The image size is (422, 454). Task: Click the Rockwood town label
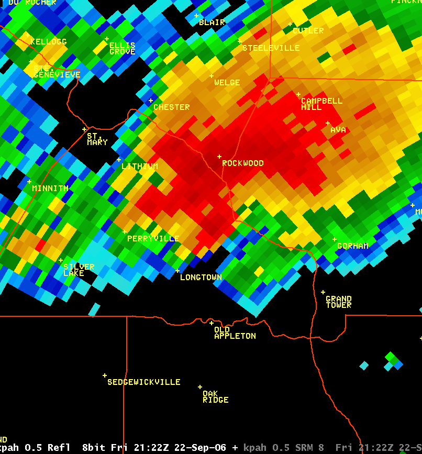click(242, 163)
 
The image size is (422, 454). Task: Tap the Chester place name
click(171, 107)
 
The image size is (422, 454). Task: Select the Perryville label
click(153, 239)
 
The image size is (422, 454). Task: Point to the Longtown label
click(201, 278)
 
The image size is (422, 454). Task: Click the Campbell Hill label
click(321, 104)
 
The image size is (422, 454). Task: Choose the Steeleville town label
click(271, 48)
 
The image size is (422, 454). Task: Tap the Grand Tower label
click(338, 302)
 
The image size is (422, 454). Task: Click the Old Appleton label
click(235, 333)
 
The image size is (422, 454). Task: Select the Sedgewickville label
click(143, 382)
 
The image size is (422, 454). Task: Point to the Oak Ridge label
click(215, 397)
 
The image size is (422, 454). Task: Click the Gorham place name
click(352, 246)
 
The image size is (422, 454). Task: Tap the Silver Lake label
click(79, 270)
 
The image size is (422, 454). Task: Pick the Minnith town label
click(50, 189)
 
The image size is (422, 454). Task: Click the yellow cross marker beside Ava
click(328, 124)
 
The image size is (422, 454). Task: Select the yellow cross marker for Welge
click(212, 76)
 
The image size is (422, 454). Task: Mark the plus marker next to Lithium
click(119, 160)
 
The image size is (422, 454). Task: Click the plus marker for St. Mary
click(84, 129)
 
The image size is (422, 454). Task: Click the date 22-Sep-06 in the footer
click(202, 448)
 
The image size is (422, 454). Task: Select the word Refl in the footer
click(59, 448)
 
